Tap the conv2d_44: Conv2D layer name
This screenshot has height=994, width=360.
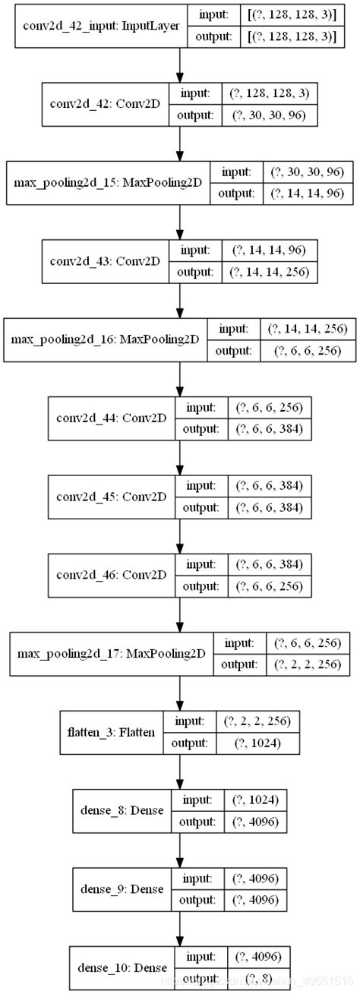point(111,418)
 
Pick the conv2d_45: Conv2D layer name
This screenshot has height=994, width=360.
point(111,497)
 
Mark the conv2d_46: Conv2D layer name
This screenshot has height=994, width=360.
point(111,576)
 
